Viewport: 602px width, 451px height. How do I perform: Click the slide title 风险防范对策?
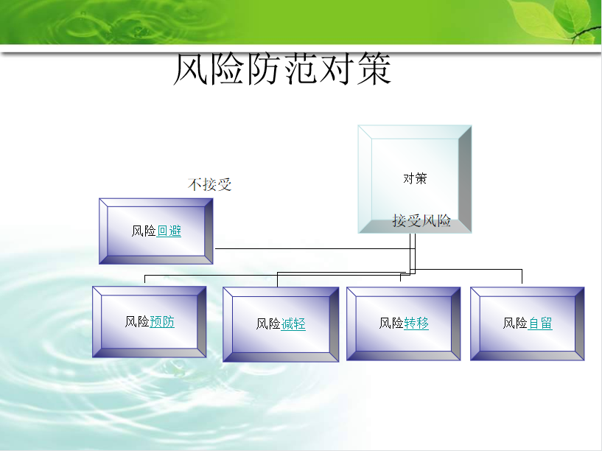click(282, 69)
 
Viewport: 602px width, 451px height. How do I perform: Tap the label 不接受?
click(209, 185)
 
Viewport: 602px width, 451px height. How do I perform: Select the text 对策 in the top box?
click(415, 178)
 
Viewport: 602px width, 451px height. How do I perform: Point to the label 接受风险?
click(421, 220)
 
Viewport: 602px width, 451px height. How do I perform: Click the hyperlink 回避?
click(169, 231)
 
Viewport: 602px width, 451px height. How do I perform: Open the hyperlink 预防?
click(162, 321)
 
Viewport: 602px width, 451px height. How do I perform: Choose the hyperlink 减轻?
click(293, 324)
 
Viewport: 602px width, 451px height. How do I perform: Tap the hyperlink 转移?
click(416, 324)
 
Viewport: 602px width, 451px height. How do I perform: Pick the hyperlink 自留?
click(540, 324)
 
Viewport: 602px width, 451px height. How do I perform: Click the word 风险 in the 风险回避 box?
click(144, 231)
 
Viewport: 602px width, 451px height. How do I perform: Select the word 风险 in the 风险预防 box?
click(137, 321)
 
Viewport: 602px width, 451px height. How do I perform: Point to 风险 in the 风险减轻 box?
click(268, 324)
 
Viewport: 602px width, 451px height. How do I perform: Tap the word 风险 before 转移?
click(391, 324)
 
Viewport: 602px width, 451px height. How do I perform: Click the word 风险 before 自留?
click(515, 324)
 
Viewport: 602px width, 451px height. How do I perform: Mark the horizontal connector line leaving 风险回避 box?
click(315, 249)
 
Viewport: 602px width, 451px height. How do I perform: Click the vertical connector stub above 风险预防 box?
click(144, 279)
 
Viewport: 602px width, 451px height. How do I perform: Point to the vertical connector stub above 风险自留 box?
click(522, 276)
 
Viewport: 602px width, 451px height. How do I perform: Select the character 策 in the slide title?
click(374, 69)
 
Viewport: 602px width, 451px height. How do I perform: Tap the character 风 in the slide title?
click(191, 69)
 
